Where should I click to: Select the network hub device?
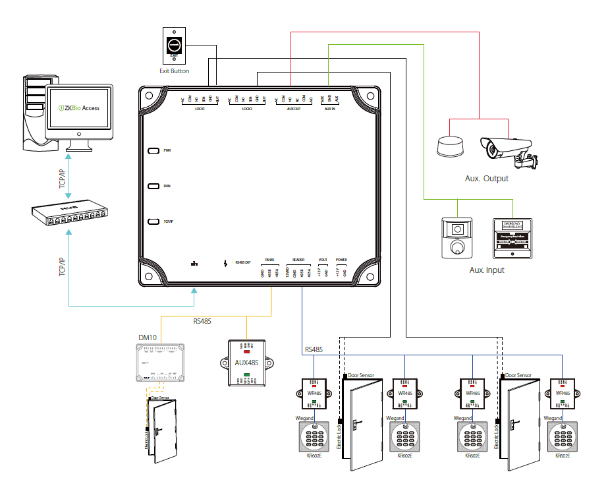pyautogui.click(x=69, y=214)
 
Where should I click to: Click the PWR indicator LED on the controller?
pyautogui.click(x=153, y=150)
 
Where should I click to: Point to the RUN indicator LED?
pyautogui.click(x=153, y=187)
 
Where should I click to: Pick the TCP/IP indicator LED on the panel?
pyautogui.click(x=153, y=222)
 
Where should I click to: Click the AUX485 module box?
pyautogui.click(x=245, y=363)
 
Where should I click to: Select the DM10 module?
pyautogui.click(x=161, y=363)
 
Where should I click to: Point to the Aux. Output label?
pyautogui.click(x=486, y=179)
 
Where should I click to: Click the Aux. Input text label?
pyautogui.click(x=487, y=270)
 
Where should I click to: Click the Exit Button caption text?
pyautogui.click(x=175, y=71)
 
